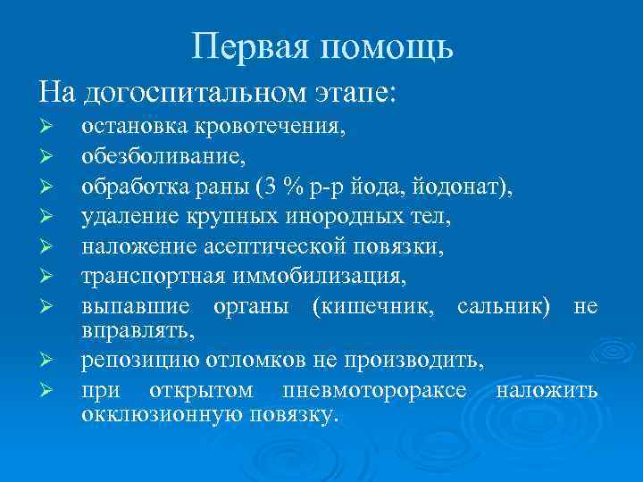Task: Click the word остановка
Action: pyautogui.click(x=132, y=127)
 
